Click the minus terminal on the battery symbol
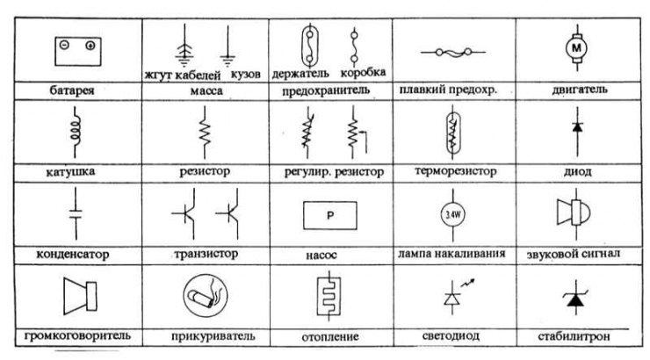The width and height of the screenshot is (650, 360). [64, 45]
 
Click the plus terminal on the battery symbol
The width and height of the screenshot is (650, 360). [90, 46]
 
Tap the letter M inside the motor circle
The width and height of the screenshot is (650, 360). [576, 48]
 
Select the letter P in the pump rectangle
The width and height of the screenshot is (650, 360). [330, 215]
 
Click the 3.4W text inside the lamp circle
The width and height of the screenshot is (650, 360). [452, 215]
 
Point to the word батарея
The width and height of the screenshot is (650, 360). [72, 90]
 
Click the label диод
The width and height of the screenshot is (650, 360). [577, 171]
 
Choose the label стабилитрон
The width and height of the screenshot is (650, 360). [574, 336]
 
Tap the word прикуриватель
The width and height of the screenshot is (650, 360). [213, 336]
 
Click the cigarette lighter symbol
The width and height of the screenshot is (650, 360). [206, 295]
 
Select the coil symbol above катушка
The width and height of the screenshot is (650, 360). [76, 132]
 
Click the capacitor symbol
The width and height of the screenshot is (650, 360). [76, 213]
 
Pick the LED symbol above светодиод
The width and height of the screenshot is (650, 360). [458, 296]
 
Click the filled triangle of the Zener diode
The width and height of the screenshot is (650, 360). [576, 300]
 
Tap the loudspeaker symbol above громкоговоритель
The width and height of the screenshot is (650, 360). [80, 296]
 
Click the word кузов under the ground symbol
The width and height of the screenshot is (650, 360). [245, 74]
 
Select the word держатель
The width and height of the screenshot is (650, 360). [300, 74]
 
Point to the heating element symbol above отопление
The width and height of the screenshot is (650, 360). [329, 296]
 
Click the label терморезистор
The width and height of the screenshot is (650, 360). [456, 171]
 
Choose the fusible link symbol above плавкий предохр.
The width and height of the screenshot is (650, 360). [453, 52]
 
